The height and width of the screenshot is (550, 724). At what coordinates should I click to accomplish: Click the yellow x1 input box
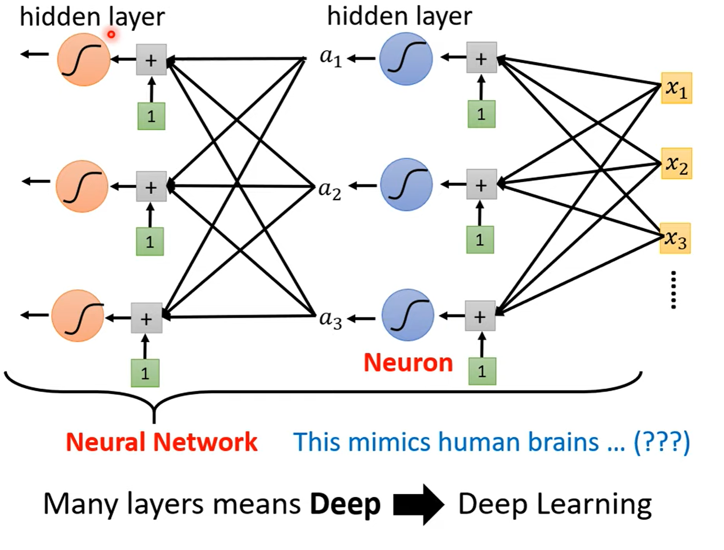676,88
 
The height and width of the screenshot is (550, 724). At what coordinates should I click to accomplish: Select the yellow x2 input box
676,163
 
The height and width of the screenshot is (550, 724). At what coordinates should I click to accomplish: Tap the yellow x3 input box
675,238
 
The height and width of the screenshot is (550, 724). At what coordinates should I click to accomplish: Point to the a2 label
330,190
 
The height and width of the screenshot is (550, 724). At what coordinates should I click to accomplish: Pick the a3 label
330,319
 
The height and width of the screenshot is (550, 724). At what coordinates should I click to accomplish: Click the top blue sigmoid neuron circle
406,59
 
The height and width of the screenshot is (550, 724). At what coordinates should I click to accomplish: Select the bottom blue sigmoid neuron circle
407,315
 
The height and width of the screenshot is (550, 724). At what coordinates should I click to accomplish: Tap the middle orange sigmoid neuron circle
82,186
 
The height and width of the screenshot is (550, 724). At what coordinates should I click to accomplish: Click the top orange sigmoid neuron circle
83,59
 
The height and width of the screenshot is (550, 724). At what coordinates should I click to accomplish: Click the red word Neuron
408,363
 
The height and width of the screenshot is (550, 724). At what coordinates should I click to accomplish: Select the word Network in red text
205,442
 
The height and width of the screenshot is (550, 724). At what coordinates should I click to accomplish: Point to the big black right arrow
418,504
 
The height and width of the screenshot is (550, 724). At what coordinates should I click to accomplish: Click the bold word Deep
345,504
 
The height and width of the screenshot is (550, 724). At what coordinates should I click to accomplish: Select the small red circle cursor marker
111,34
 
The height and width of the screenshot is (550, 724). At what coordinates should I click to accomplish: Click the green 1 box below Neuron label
482,371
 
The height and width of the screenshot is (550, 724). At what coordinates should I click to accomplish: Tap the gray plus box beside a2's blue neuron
482,184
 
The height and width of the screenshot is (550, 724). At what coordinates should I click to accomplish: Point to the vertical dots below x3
673,290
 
